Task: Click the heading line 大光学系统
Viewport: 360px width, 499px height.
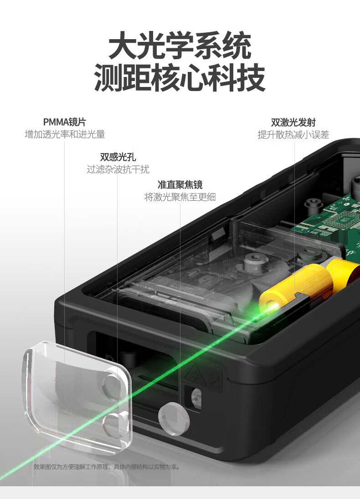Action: [180, 45]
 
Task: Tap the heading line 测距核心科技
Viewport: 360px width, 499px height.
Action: [180, 77]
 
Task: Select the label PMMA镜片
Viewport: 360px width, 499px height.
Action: [65, 122]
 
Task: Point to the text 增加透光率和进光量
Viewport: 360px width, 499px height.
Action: [65, 134]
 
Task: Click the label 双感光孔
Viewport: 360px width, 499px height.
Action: [118, 157]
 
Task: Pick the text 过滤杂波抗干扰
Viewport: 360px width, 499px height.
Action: [118, 169]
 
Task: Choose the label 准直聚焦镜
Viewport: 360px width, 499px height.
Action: [180, 184]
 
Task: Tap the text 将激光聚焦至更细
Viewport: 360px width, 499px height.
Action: [180, 197]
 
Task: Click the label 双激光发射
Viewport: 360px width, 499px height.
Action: [293, 122]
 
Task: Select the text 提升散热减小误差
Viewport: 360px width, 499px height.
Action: [293, 135]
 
